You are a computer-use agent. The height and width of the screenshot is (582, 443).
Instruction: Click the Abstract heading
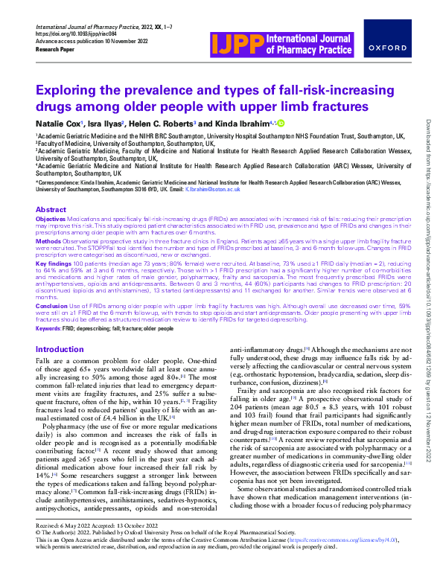(51, 210)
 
